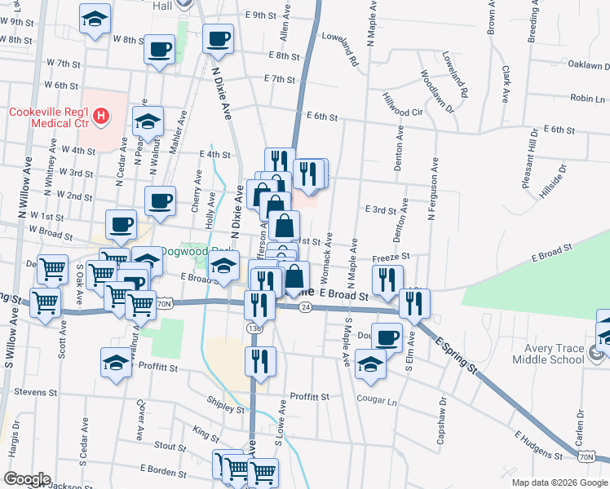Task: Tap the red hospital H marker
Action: point(100,117)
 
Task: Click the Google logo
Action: point(27,479)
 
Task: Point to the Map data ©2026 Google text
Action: point(559,482)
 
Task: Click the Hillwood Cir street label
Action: point(402,104)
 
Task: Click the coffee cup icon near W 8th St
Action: point(159,48)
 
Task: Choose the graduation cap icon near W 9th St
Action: point(95,18)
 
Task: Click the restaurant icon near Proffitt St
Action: point(260,360)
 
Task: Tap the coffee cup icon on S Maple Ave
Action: point(386,337)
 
